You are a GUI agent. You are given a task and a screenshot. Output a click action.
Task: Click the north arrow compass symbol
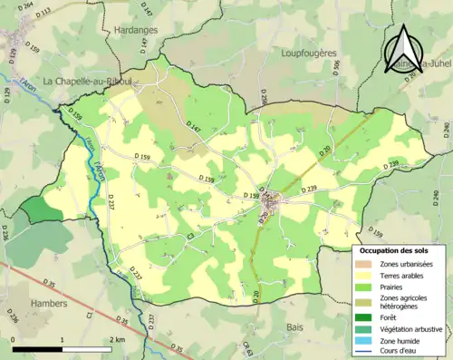click(404, 40)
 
